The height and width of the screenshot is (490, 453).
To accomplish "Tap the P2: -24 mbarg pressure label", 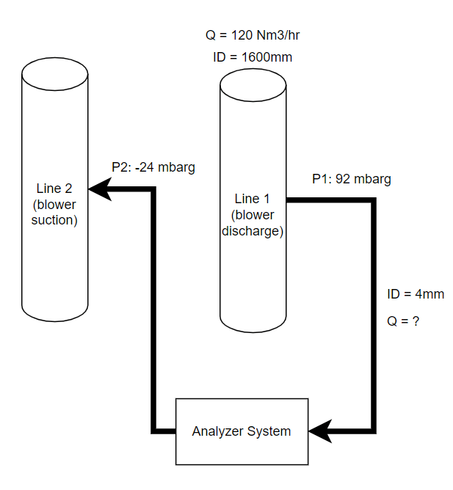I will click(x=153, y=167).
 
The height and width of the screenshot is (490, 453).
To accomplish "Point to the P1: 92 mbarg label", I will click(x=351, y=179).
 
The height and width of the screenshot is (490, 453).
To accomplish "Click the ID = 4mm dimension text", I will click(x=416, y=294).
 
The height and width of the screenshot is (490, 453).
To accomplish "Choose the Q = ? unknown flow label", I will click(x=403, y=321).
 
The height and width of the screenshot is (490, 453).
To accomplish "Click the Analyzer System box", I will click(x=242, y=431).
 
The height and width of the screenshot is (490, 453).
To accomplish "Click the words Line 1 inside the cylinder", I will click(x=253, y=199).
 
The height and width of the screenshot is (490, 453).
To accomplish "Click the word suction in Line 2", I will click(x=54, y=219).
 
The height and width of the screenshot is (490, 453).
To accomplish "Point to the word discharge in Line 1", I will click(x=253, y=231).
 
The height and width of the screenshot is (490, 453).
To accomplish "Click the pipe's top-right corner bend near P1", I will click(x=374, y=200).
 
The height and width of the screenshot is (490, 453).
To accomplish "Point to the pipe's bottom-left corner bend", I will click(x=153, y=431).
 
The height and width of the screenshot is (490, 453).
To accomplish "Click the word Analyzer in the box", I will click(x=218, y=431).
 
